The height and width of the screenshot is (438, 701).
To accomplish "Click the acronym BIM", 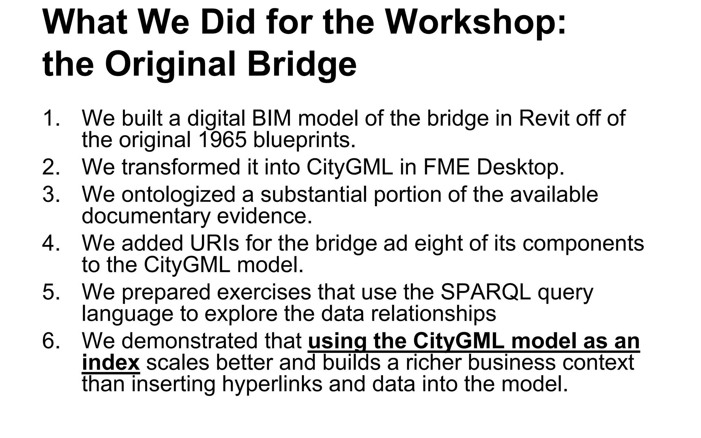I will tap(271, 118).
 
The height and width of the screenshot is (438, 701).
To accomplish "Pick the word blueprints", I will tap(304, 140).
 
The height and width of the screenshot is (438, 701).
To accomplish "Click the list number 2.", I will tap(51, 167).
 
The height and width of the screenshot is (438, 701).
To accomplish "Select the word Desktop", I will tap(520, 168).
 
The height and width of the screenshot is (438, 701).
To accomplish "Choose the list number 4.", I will tap(51, 243).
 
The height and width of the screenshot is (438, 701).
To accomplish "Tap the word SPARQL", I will tap(485, 293).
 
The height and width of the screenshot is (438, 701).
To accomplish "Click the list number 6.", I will tap(51, 341).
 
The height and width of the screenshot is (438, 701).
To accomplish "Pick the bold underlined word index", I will tap(111, 362).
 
